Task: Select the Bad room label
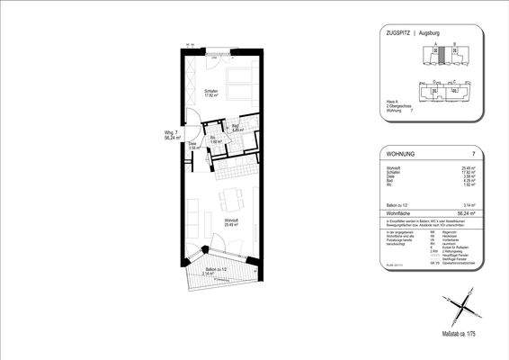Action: (x=235, y=127)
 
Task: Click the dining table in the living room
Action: (x=231, y=198)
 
